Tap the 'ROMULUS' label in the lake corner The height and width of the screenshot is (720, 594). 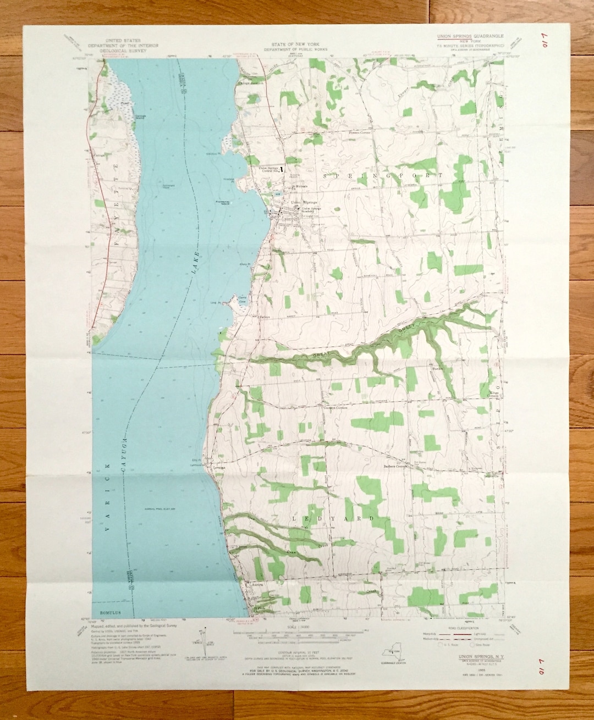point(106,612)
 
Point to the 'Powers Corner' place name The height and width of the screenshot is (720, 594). point(360,133)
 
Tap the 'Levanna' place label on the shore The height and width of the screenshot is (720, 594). point(219,468)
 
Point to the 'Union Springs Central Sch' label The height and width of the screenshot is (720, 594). point(270,169)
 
